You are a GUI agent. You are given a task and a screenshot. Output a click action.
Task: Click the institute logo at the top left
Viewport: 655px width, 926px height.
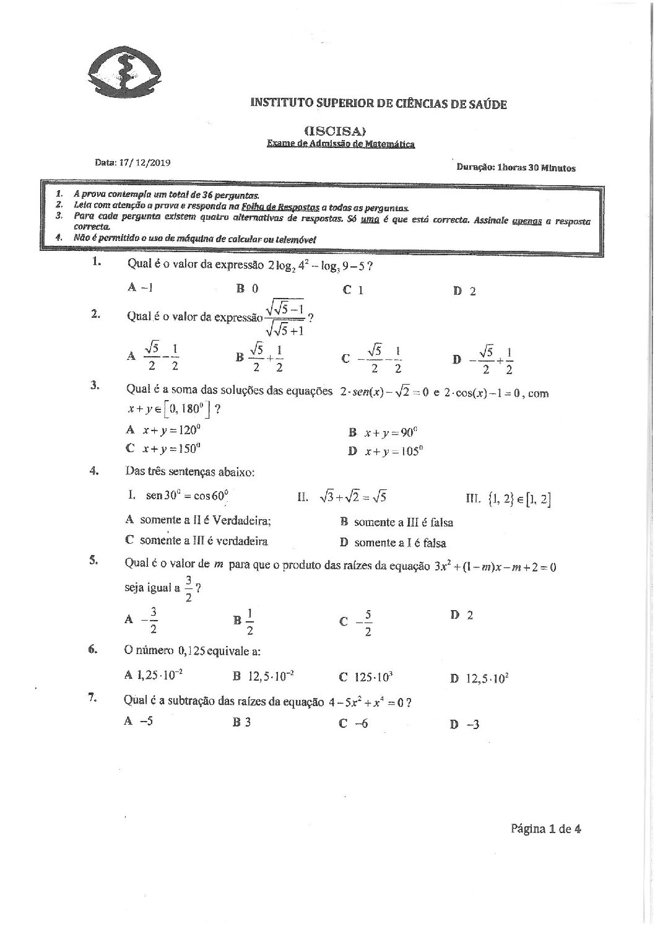click(124, 70)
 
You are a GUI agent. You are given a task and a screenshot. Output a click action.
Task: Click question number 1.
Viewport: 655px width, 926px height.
click(96, 262)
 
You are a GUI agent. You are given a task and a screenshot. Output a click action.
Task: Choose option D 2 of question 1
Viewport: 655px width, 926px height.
click(464, 291)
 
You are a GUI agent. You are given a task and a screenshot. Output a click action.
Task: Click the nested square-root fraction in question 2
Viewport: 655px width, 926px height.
click(284, 317)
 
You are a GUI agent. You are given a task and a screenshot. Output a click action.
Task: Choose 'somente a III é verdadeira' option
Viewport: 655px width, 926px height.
click(197, 541)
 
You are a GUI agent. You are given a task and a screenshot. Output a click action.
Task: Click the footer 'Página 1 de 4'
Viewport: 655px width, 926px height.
click(545, 829)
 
